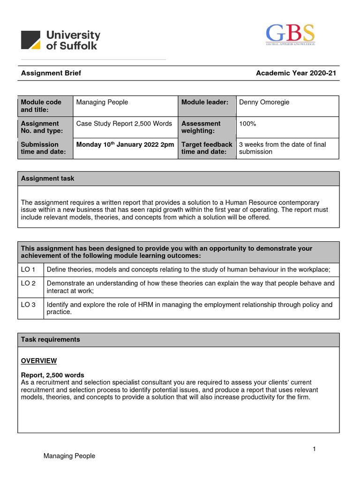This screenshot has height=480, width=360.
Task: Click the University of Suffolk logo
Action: (x=60, y=40)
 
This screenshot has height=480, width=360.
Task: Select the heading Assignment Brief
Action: (x=48, y=73)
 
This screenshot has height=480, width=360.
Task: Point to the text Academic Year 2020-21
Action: (x=296, y=73)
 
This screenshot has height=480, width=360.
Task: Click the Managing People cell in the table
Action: (x=102, y=102)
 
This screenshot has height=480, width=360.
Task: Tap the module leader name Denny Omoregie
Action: (x=265, y=102)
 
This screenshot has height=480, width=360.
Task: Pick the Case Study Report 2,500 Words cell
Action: (x=124, y=124)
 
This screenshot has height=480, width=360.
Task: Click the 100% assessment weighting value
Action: (x=247, y=124)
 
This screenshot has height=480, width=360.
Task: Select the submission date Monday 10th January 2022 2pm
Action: (x=125, y=144)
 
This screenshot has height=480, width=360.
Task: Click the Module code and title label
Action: (x=41, y=106)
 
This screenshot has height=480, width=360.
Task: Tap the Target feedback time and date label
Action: (x=207, y=148)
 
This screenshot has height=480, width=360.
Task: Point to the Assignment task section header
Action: (x=47, y=179)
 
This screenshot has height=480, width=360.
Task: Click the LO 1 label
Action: (x=28, y=269)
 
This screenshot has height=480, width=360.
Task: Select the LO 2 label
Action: (x=28, y=283)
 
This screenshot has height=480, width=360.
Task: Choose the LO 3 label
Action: (x=28, y=305)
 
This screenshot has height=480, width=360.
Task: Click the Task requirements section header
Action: (x=50, y=339)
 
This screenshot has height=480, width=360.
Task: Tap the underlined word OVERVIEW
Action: (x=39, y=360)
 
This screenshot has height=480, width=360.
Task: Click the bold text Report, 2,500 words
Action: (x=52, y=375)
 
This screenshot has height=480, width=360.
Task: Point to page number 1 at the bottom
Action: (x=315, y=449)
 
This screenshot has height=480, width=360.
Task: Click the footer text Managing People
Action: (x=69, y=456)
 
